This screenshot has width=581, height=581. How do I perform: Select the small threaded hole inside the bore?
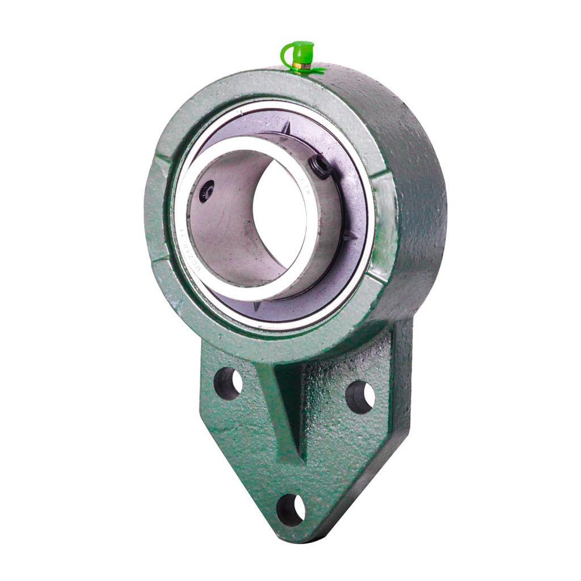[x=207, y=191]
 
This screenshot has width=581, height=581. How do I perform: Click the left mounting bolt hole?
[x=228, y=383]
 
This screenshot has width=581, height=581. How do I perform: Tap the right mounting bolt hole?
[x=360, y=396]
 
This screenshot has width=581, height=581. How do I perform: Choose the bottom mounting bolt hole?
[x=290, y=509]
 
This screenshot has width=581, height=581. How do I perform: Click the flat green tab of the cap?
[x=315, y=71]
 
